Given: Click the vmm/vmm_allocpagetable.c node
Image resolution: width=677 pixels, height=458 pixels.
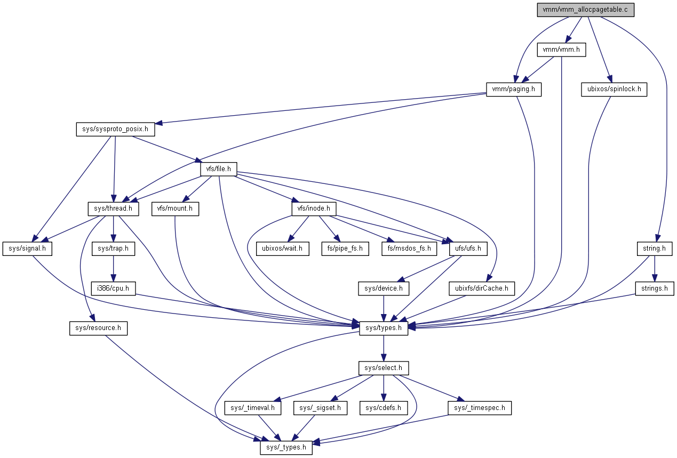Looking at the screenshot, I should tap(586, 10).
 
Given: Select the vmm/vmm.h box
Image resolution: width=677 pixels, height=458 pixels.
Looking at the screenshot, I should tap(561, 50).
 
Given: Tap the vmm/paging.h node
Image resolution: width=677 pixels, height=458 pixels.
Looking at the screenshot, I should tap(513, 89).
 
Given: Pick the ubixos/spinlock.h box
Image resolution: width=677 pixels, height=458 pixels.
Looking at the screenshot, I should tap(614, 89).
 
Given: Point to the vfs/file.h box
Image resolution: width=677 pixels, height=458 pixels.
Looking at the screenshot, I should tap(218, 170).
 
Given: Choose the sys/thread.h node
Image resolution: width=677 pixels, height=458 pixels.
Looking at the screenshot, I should tap(113, 209).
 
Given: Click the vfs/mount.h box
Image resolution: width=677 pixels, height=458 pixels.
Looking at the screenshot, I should tap(175, 209).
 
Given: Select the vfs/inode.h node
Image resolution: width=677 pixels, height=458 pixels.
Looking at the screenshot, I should tap(314, 209).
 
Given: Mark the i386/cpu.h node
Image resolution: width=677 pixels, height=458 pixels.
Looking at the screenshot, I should tap(112, 288).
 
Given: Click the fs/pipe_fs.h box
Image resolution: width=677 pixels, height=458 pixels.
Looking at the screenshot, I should tap(345, 248).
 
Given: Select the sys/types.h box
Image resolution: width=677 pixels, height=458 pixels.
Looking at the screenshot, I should tap(384, 328).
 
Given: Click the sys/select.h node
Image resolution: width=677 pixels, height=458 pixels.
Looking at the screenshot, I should tap(383, 368).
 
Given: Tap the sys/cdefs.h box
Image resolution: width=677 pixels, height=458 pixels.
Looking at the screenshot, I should tap(383, 408).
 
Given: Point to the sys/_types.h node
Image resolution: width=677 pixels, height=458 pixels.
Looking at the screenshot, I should tap(286, 447).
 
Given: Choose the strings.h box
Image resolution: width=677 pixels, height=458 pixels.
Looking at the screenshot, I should tap(655, 288).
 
